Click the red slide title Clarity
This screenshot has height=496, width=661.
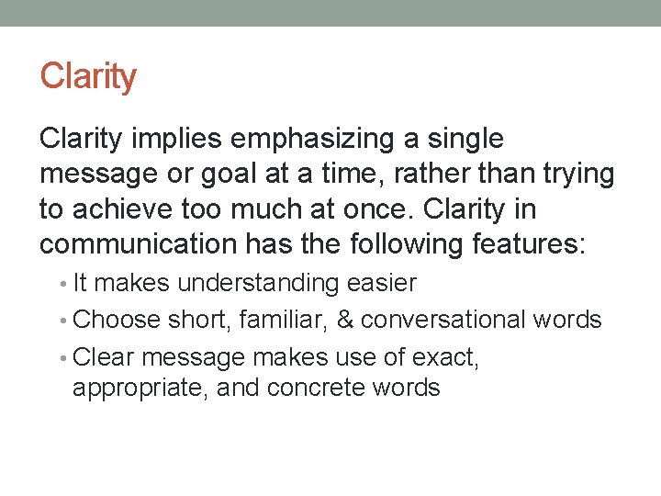[88, 76]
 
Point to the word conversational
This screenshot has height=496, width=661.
[444, 320]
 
